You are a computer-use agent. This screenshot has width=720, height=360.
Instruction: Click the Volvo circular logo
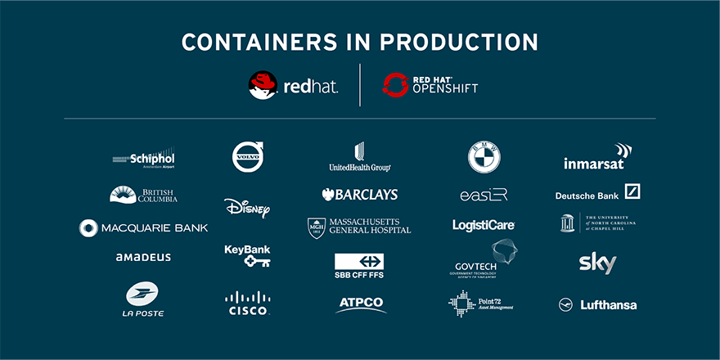[248, 157]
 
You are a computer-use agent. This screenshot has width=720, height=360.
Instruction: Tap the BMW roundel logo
[484, 157]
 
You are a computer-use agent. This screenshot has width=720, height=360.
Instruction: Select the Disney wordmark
[247, 208]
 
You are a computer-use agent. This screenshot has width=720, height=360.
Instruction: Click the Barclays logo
[360, 195]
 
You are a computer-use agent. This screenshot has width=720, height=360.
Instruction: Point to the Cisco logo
[247, 304]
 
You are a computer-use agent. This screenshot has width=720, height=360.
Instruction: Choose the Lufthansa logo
[597, 305]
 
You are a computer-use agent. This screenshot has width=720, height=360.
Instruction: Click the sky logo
[597, 263]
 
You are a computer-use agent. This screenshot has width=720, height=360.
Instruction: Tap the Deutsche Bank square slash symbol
[632, 191]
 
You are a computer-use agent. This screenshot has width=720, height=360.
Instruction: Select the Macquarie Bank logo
[143, 227]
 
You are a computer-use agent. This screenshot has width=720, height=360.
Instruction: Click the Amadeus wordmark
[143, 257]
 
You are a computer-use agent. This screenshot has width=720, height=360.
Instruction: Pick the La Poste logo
[143, 299]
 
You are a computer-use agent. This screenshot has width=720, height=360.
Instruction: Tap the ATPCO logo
[361, 304]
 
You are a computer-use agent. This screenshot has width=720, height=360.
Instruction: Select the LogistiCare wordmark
[484, 224]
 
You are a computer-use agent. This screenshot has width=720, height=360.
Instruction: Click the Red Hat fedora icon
[263, 85]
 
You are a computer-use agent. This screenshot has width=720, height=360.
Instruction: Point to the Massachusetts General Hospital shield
[317, 227]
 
